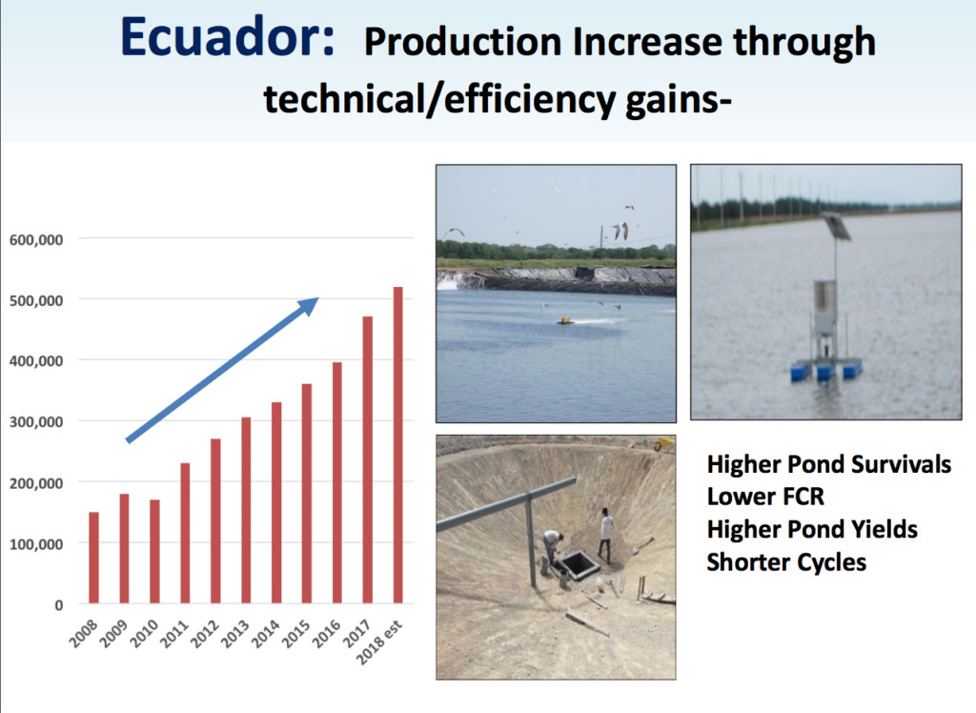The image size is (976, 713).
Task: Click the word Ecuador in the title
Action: click(x=227, y=37)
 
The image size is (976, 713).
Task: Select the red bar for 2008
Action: click(x=94, y=558)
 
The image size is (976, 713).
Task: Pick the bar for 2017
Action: click(x=368, y=460)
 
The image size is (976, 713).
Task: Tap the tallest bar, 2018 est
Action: click(x=398, y=445)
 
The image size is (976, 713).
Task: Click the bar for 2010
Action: click(x=155, y=552)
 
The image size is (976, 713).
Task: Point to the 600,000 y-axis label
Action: click(x=36, y=240)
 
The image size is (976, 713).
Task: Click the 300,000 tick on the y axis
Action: click(x=36, y=422)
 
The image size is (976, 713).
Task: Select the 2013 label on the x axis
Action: click(x=236, y=634)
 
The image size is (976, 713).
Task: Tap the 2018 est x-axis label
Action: click(x=379, y=642)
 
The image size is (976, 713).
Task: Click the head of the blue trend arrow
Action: click(x=310, y=305)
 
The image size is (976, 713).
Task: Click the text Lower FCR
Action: click(x=765, y=497)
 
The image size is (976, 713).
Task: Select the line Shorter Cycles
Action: click(x=786, y=562)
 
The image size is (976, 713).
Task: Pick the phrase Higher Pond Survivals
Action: click(x=829, y=464)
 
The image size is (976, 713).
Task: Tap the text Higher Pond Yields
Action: click(x=812, y=529)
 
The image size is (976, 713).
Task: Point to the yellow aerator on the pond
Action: click(x=565, y=320)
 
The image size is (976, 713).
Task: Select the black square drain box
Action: click(x=578, y=564)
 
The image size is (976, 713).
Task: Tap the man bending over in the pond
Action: click(x=551, y=547)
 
